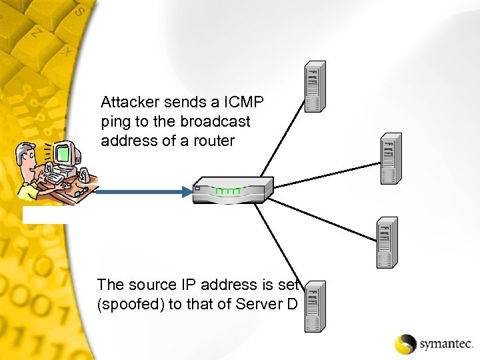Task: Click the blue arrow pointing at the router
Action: pyautogui.click(x=144, y=193)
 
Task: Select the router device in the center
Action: pyautogui.click(x=233, y=190)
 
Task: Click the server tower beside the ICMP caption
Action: pyautogui.click(x=315, y=87)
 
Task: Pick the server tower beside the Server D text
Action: pyautogui.click(x=315, y=306)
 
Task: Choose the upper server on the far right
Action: pyautogui.click(x=391, y=159)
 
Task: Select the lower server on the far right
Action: pyautogui.click(x=387, y=243)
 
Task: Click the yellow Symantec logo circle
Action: pyautogui.click(x=405, y=343)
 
